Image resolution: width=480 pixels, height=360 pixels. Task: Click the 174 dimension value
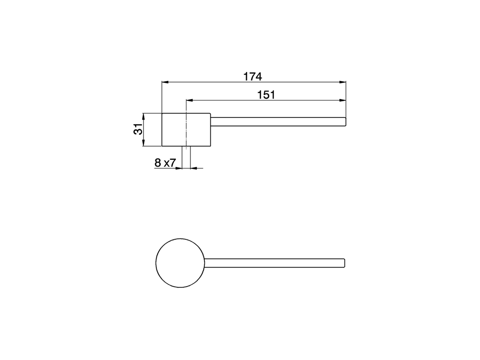253,76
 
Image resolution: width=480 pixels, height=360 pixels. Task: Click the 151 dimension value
266,95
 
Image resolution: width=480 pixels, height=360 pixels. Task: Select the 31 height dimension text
138,129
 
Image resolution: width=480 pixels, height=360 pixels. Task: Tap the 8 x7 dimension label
165,163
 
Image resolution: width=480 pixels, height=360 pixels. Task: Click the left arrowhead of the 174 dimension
164,82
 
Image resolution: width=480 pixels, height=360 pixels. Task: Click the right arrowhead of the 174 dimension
342,82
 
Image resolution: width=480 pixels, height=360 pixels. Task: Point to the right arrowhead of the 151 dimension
342,100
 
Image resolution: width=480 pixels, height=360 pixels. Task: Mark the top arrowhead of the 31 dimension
143,115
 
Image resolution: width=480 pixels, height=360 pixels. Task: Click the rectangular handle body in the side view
199,129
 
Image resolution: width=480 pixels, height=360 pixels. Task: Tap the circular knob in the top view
180,263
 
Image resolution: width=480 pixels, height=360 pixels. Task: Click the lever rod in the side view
277,121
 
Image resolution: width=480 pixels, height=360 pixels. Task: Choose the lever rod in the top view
274,263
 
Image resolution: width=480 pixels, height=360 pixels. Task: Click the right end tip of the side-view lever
345,121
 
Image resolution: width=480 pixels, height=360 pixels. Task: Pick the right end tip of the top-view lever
343,263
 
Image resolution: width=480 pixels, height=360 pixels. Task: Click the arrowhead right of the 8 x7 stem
193,168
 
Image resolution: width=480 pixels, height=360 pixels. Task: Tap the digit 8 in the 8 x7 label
157,163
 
